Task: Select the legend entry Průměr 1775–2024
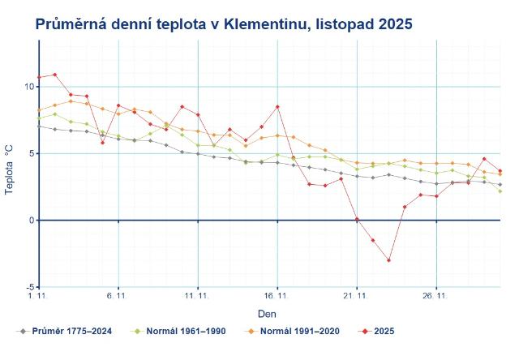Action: click(66, 331)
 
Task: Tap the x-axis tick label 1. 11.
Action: click(38, 297)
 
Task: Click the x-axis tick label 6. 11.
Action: click(118, 297)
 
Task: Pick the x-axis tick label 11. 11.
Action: click(197, 297)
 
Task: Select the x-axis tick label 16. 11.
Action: click(277, 297)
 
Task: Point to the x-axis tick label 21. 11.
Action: click(356, 297)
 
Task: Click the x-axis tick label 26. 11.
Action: click(435, 297)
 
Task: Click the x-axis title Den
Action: click(267, 312)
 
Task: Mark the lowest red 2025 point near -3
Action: click(388, 260)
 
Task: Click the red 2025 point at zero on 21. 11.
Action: click(357, 219)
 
